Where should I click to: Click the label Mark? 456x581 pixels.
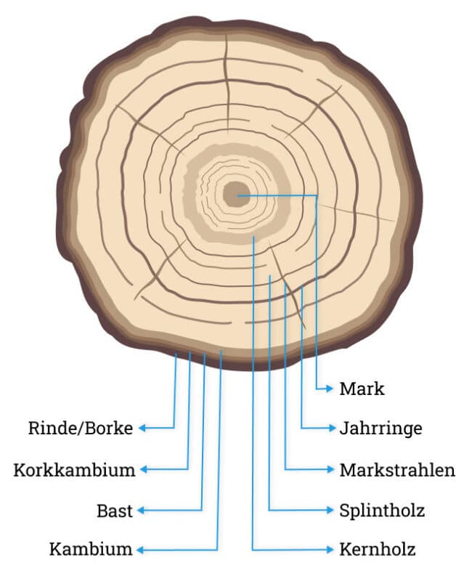362,389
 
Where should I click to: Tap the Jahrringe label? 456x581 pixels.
380,428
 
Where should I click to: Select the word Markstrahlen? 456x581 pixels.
396,470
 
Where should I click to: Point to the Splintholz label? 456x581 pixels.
382,510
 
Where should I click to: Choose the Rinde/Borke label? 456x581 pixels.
81,428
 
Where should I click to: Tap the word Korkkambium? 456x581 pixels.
74,470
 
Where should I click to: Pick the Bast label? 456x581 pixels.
115,511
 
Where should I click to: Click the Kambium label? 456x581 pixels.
91,549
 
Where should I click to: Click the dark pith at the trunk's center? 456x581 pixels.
235,195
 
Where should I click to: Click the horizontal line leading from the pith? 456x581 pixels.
280,195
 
